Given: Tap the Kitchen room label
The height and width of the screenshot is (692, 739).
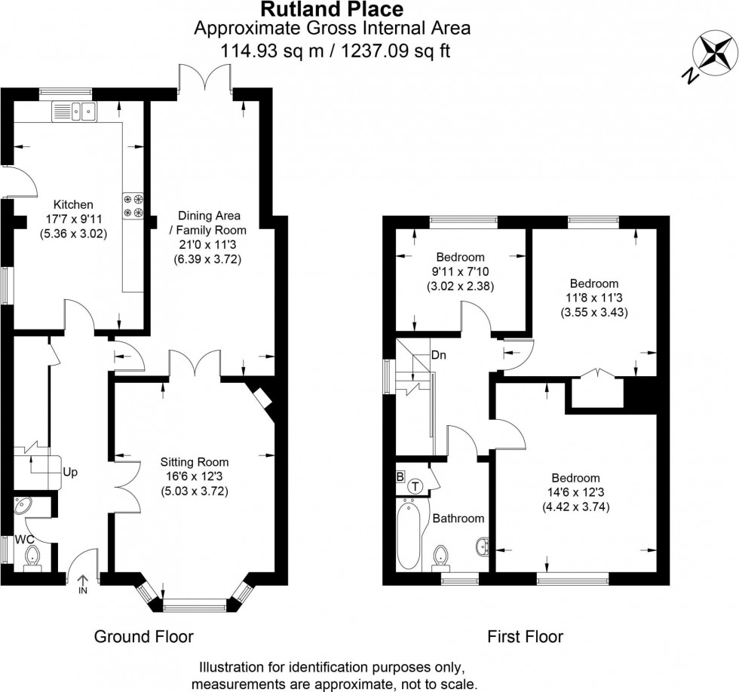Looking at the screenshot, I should (x=73, y=204).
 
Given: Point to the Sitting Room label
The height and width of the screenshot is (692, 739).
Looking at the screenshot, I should (x=194, y=462).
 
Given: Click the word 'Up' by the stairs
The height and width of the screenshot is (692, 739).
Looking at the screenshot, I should (x=70, y=473).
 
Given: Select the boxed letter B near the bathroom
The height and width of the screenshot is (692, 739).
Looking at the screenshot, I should (x=400, y=476).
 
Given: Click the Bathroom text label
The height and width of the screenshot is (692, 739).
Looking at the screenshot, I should (x=458, y=519).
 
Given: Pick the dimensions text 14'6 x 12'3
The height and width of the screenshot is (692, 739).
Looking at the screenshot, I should (x=575, y=492).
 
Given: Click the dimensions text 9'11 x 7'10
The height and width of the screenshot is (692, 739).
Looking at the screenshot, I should (x=455, y=271).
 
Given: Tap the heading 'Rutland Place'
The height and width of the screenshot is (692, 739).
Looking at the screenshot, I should (x=332, y=10).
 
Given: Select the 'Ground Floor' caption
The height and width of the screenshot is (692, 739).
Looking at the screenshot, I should (x=143, y=636).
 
